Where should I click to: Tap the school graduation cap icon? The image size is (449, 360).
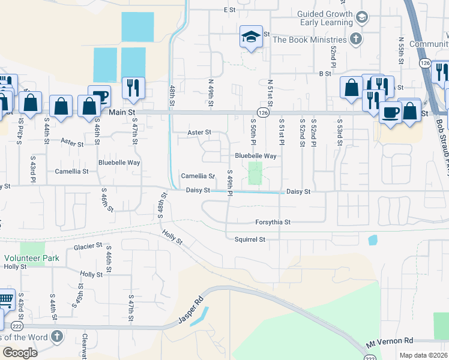(251, 37)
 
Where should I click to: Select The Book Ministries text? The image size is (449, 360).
(309, 40)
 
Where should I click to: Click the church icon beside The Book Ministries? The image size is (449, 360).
(356, 40)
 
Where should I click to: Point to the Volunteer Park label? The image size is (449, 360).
(22, 258)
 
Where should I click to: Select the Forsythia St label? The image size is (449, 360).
(273, 222)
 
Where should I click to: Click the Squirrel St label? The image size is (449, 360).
(249, 239)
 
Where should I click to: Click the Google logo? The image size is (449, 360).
(20, 352)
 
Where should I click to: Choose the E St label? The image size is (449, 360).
(229, 10)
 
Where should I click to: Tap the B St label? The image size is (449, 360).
(325, 73)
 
